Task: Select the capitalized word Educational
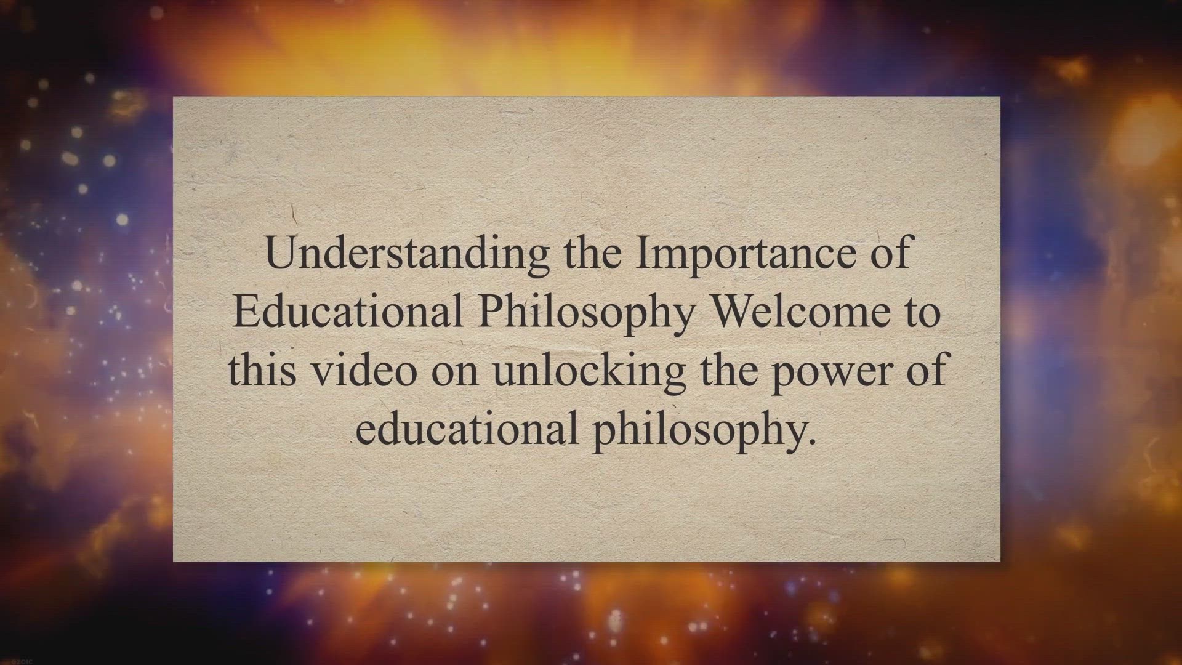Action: (x=348, y=311)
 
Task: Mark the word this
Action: (x=262, y=369)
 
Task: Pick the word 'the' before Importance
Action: (x=593, y=252)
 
